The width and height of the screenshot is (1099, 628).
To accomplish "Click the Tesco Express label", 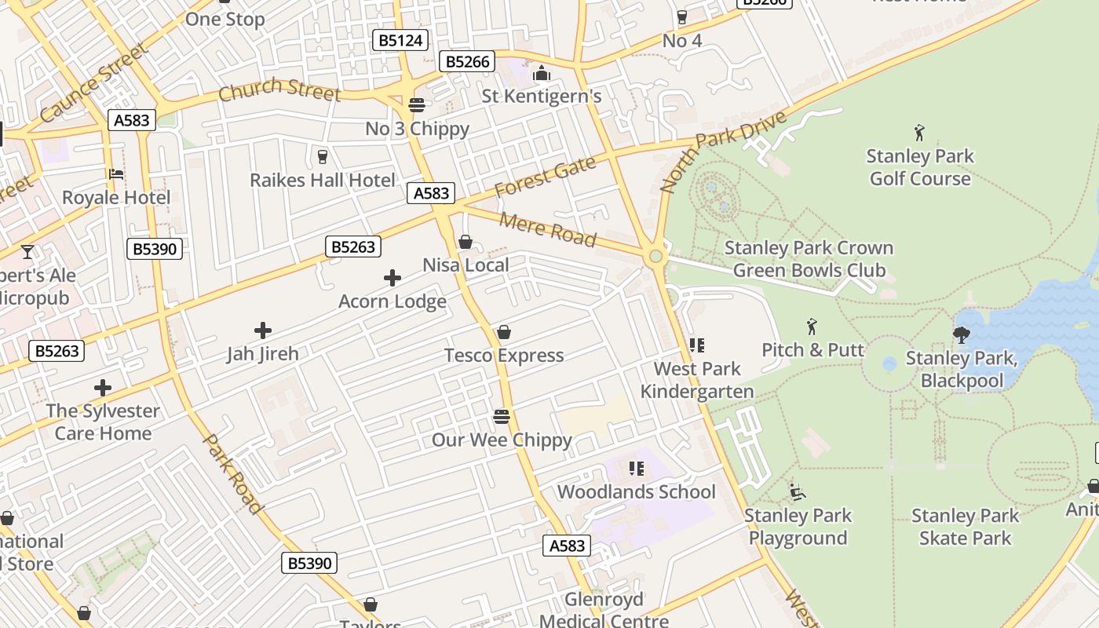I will [504, 356].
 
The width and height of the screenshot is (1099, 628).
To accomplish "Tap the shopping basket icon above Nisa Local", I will [466, 242].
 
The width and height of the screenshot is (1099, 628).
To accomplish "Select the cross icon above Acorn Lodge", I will [392, 278].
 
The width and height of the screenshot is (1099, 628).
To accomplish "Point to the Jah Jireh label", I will [263, 354].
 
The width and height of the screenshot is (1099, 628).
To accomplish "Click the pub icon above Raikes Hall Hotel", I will [322, 157].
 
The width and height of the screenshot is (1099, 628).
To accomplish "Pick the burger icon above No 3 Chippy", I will [417, 105].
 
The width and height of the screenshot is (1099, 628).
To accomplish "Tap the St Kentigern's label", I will [542, 97].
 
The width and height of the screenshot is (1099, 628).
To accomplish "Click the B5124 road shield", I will [400, 40].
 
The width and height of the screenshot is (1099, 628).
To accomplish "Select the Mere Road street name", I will [548, 228].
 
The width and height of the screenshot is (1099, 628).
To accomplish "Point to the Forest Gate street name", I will [545, 177].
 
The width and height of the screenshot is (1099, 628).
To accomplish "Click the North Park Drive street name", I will [723, 152].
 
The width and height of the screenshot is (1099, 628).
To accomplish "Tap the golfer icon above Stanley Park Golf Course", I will [919, 133].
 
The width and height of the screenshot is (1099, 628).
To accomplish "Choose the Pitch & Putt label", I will [812, 350].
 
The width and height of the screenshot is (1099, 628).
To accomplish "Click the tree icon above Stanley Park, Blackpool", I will [961, 335].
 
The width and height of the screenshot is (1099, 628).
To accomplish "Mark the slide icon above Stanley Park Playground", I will [798, 492].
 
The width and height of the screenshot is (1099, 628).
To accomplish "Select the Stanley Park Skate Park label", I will [965, 527].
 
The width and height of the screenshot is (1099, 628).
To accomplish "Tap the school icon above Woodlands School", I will [637, 469].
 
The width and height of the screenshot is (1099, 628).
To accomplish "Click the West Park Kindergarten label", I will [697, 380].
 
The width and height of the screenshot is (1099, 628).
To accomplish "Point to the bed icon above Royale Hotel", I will [116, 173].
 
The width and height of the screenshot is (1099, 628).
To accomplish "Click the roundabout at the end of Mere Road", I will [655, 257].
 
